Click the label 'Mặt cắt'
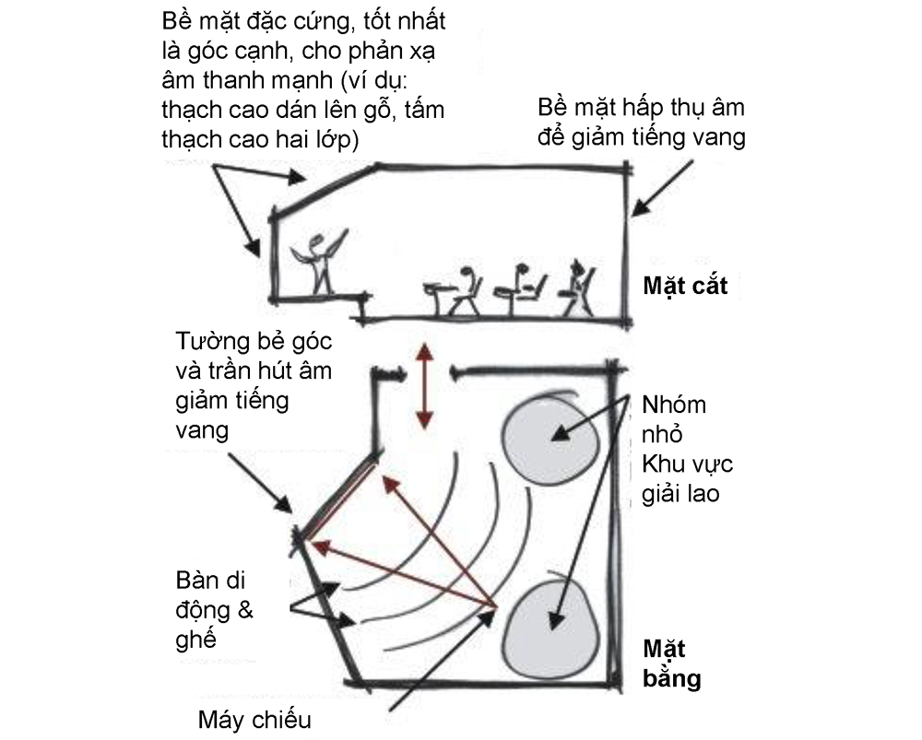pyautogui.click(x=685, y=287)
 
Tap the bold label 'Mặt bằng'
pyautogui.click(x=672, y=664)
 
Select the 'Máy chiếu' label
pyautogui.click(x=254, y=720)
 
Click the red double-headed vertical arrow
pyautogui.click(x=424, y=385)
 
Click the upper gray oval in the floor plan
pyautogui.click(x=550, y=437)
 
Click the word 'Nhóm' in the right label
pyautogui.click(x=674, y=405)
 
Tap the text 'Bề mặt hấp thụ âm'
pyautogui.click(x=641, y=108)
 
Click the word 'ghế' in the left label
pyautogui.click(x=195, y=640)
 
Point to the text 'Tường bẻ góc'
pyautogui.click(x=254, y=342)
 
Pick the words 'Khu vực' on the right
pyautogui.click(x=688, y=464)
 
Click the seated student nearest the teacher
pyautogui.click(x=463, y=291)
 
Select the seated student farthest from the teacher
pyautogui.click(x=578, y=288)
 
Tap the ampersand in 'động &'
pyautogui.click(x=245, y=610)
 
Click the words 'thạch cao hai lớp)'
pyautogui.click(x=260, y=140)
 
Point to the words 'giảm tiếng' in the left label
pyautogui.click(x=231, y=402)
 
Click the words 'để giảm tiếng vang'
pyautogui.click(x=642, y=137)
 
